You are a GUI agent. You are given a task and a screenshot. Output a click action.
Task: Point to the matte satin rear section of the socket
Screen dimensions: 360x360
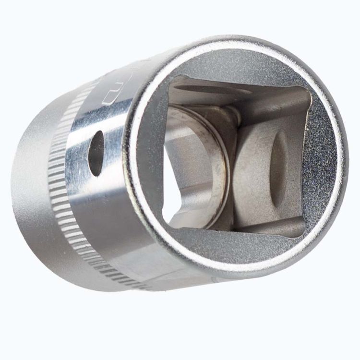(x=34, y=192)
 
